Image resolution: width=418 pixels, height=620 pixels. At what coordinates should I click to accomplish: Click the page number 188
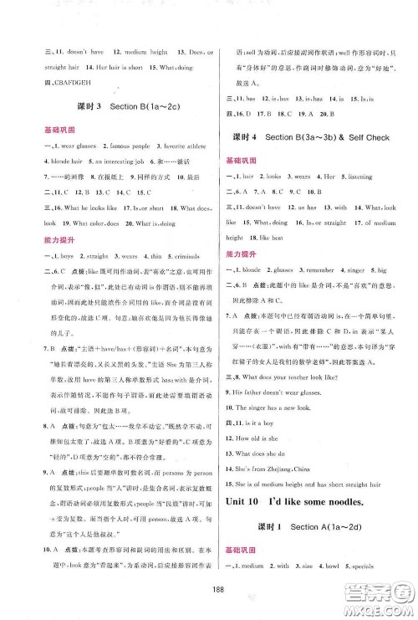(209, 584)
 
